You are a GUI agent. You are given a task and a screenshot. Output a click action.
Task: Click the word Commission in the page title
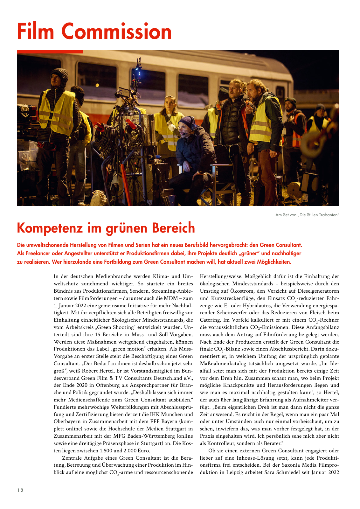pos(116,31)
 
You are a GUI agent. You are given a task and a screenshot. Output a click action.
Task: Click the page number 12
pos(20,490)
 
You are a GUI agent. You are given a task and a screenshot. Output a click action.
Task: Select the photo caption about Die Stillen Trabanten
pos(307,215)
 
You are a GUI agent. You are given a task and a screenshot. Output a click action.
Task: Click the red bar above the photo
pos(50,52)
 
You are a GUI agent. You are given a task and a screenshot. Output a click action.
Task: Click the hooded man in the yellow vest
pos(58,105)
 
